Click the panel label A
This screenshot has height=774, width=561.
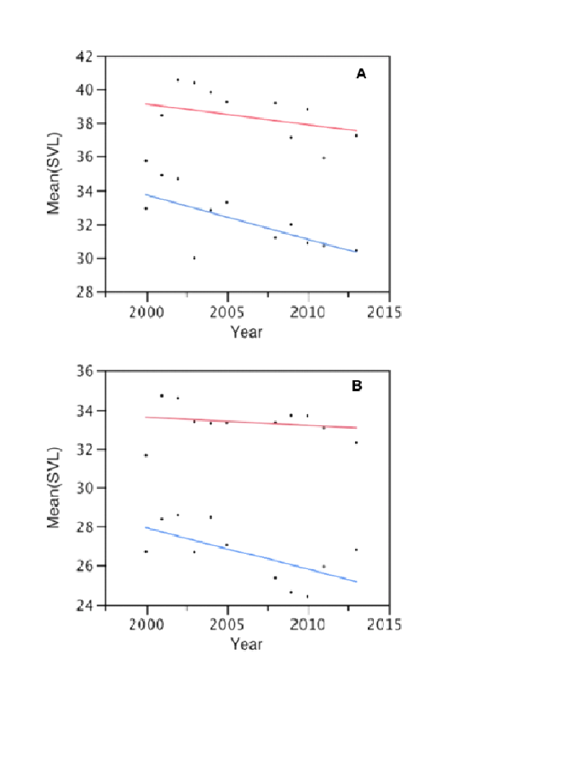tap(361, 74)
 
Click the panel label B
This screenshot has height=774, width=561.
tap(357, 385)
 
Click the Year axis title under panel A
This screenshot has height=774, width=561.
tap(246, 332)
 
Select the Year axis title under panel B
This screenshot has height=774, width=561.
tap(246, 644)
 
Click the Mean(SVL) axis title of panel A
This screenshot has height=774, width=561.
tap(54, 174)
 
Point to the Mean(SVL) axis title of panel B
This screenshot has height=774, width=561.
tap(54, 487)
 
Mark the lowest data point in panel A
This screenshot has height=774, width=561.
tap(194, 258)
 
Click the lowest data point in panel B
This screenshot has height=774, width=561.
tap(307, 596)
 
